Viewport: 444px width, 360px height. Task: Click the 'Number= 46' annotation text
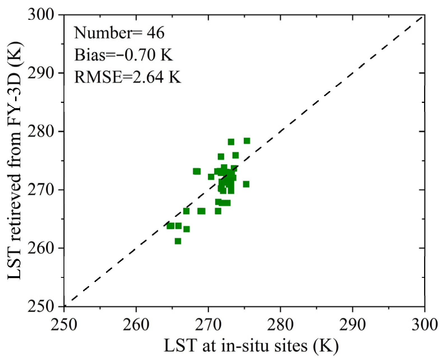coord(119,33)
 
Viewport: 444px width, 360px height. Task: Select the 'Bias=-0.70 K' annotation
coord(123,55)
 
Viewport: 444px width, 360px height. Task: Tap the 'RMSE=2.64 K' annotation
coord(128,77)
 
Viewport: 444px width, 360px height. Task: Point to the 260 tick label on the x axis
coord(136,325)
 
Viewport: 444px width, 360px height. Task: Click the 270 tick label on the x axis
coord(208,325)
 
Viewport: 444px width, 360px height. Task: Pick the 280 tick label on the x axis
coord(280,325)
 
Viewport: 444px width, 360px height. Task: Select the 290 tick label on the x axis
coord(352,325)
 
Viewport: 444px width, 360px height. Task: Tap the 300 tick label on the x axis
coord(424,325)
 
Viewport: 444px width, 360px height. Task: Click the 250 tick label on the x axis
coord(64,325)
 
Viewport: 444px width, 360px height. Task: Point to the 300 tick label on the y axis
coord(41,15)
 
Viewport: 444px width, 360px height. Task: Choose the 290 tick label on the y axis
coord(41,73)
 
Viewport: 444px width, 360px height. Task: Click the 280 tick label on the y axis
coord(41,131)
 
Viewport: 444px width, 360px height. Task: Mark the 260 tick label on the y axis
coord(41,248)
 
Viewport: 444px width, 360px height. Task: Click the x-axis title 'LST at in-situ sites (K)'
coord(251,345)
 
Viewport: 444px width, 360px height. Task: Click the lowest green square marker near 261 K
coord(178,241)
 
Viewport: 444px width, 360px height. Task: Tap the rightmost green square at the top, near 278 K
coord(247,141)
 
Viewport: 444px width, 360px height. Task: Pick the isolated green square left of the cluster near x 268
coord(197,171)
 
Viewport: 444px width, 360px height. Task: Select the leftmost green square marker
coord(170,226)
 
